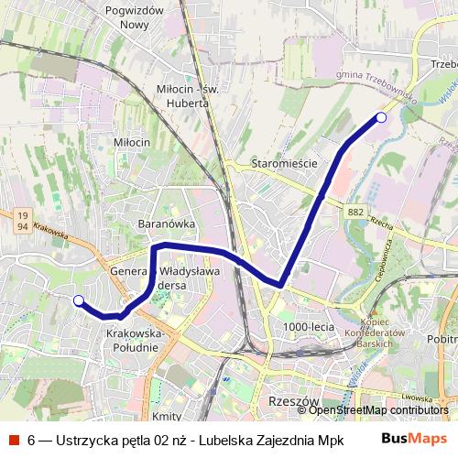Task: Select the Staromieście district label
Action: coord(283,163)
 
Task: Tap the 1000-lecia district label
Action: coord(308,327)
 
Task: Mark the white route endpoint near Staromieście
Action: coord(382,117)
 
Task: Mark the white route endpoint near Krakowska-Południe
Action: coord(79,300)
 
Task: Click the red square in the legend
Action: coord(11,437)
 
